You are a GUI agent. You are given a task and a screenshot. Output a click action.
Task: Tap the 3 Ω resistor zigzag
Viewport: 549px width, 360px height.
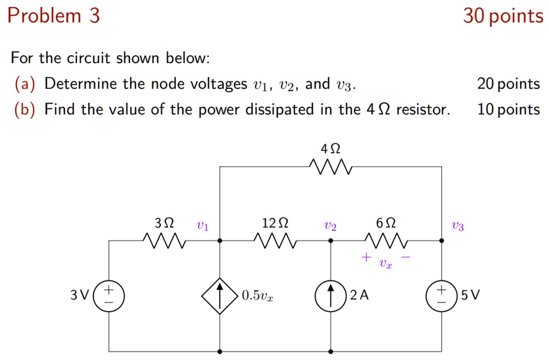pos(165,241)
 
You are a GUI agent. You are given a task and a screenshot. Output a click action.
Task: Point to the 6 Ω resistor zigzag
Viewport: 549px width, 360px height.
pos(386,241)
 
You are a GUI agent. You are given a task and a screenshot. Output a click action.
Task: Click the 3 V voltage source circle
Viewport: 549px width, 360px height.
pos(109,296)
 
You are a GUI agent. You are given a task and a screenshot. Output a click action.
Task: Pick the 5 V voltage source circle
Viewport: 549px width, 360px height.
pos(441,296)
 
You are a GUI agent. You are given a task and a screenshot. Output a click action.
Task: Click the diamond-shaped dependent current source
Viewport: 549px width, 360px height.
pos(220,296)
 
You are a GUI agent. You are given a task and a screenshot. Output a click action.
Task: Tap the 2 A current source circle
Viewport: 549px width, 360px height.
pos(331,296)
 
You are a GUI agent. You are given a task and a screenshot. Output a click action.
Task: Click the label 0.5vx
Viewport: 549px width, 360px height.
pos(257,296)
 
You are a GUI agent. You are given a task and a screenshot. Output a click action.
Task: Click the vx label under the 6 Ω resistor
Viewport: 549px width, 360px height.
pos(385,264)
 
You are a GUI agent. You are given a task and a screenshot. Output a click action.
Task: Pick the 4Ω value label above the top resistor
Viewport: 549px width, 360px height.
pos(330,148)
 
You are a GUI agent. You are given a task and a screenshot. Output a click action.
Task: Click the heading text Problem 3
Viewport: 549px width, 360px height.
pos(54,16)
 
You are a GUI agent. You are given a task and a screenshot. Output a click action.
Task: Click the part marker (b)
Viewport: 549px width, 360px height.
pos(25,110)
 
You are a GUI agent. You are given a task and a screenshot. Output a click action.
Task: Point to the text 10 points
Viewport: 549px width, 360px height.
pos(508,110)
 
